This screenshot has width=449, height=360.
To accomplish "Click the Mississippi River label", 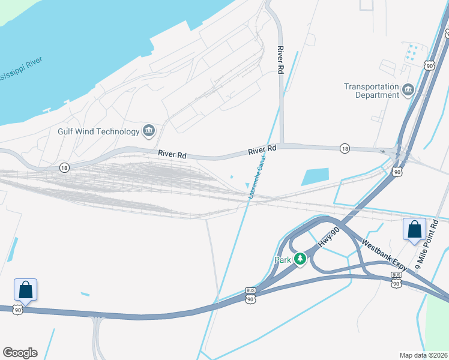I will [24, 62].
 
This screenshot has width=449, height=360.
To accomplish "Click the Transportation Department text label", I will [372, 91].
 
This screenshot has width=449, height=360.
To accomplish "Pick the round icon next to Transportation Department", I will [409, 91].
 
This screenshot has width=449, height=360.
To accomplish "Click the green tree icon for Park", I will [300, 260].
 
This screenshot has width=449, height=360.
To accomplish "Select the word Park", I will [282, 260].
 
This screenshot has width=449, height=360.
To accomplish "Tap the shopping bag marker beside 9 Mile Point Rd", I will [415, 229].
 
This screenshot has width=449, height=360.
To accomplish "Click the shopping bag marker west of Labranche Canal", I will [26, 290].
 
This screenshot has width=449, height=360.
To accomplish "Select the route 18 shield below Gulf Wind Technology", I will [64, 168].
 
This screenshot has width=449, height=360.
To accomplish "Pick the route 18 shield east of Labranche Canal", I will [344, 148].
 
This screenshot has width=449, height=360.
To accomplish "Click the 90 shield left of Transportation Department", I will [428, 65].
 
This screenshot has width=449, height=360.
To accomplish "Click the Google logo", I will [20, 353].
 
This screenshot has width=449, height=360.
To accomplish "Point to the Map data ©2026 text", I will [423, 355].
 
